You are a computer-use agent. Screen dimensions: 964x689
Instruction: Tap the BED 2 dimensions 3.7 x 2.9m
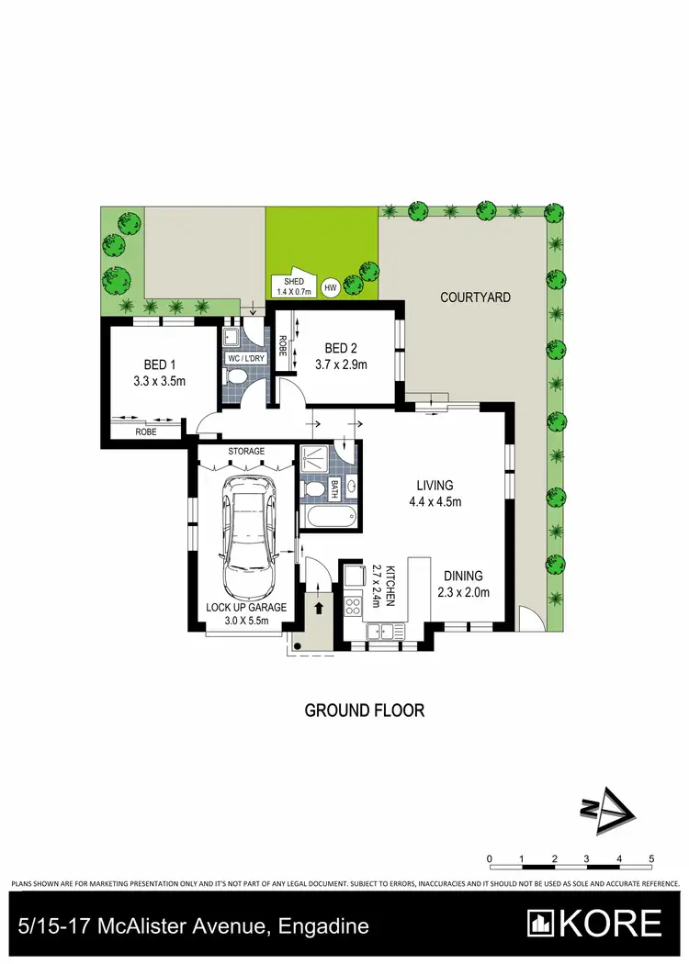341,364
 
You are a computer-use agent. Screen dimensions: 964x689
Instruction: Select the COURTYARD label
475,297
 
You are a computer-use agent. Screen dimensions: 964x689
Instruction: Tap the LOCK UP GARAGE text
246,607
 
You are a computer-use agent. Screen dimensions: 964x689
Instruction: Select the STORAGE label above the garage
246,451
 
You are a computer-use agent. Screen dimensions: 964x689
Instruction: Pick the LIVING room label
435,486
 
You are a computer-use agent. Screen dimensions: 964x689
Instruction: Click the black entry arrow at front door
320,607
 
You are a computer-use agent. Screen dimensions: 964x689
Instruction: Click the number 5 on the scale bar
650,859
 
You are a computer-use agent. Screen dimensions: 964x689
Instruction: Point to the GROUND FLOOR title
364,710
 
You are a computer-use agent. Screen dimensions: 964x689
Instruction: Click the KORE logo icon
541,923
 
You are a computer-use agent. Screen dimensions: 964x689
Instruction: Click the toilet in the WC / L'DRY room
237,377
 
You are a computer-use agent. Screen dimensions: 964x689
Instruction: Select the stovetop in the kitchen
353,605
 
